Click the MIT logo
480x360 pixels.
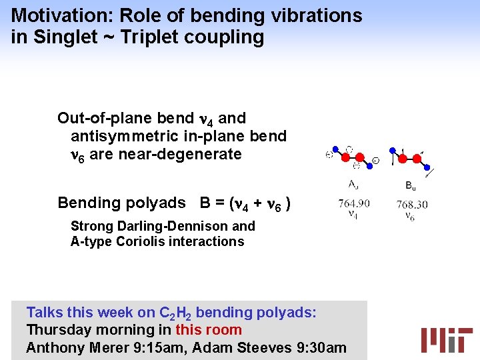[x=446, y=339]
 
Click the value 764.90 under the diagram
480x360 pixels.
[x=354, y=203]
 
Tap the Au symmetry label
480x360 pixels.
[x=354, y=184]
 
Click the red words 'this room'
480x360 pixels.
[x=208, y=330]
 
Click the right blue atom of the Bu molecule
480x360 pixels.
[x=427, y=167]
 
